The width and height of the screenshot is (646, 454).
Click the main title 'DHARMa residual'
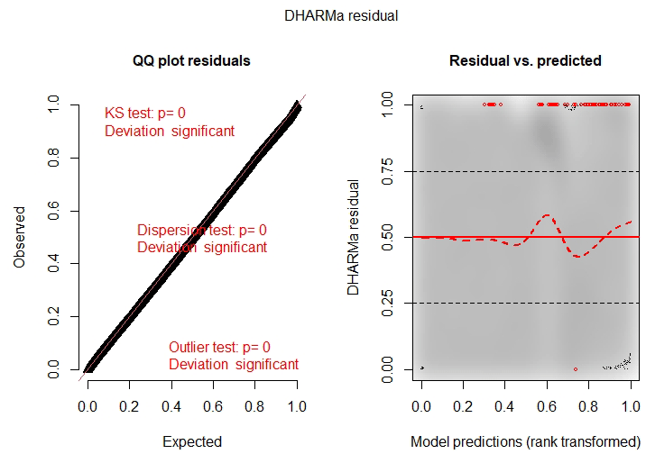[x=323, y=14]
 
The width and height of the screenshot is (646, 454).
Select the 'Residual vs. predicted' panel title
[x=525, y=60]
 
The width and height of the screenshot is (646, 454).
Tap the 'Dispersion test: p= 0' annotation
[x=202, y=230]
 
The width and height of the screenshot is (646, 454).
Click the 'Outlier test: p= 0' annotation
[x=219, y=347]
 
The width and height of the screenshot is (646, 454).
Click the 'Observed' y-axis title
[x=19, y=238]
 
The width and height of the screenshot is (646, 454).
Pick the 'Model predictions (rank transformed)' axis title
[x=525, y=441]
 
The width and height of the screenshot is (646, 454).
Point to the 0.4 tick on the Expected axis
[x=171, y=407]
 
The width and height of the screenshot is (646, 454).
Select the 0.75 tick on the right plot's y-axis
[x=390, y=171]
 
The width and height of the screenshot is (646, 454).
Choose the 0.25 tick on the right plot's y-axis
[x=390, y=304]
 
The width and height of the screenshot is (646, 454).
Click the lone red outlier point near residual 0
[x=575, y=369]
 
